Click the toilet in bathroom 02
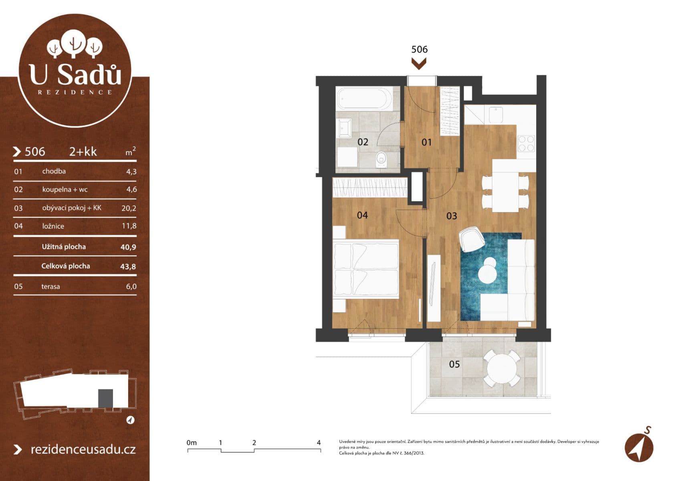tap(381, 159)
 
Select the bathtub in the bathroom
tap(364, 99)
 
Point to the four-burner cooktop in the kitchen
tap(526, 143)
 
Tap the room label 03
tap(452, 216)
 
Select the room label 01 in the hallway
tap(427, 142)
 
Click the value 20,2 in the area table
tap(129, 208)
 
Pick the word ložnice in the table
tap(53, 226)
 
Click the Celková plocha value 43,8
tap(128, 267)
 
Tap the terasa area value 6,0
tap(131, 287)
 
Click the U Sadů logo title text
tap(75, 74)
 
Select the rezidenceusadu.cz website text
tap(83, 449)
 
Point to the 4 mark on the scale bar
tap(319, 443)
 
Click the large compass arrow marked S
tap(639, 447)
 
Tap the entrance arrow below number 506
tap(419, 63)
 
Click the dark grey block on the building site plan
tap(105, 398)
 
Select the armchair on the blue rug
tap(472, 239)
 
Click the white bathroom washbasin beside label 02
tap(344, 127)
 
